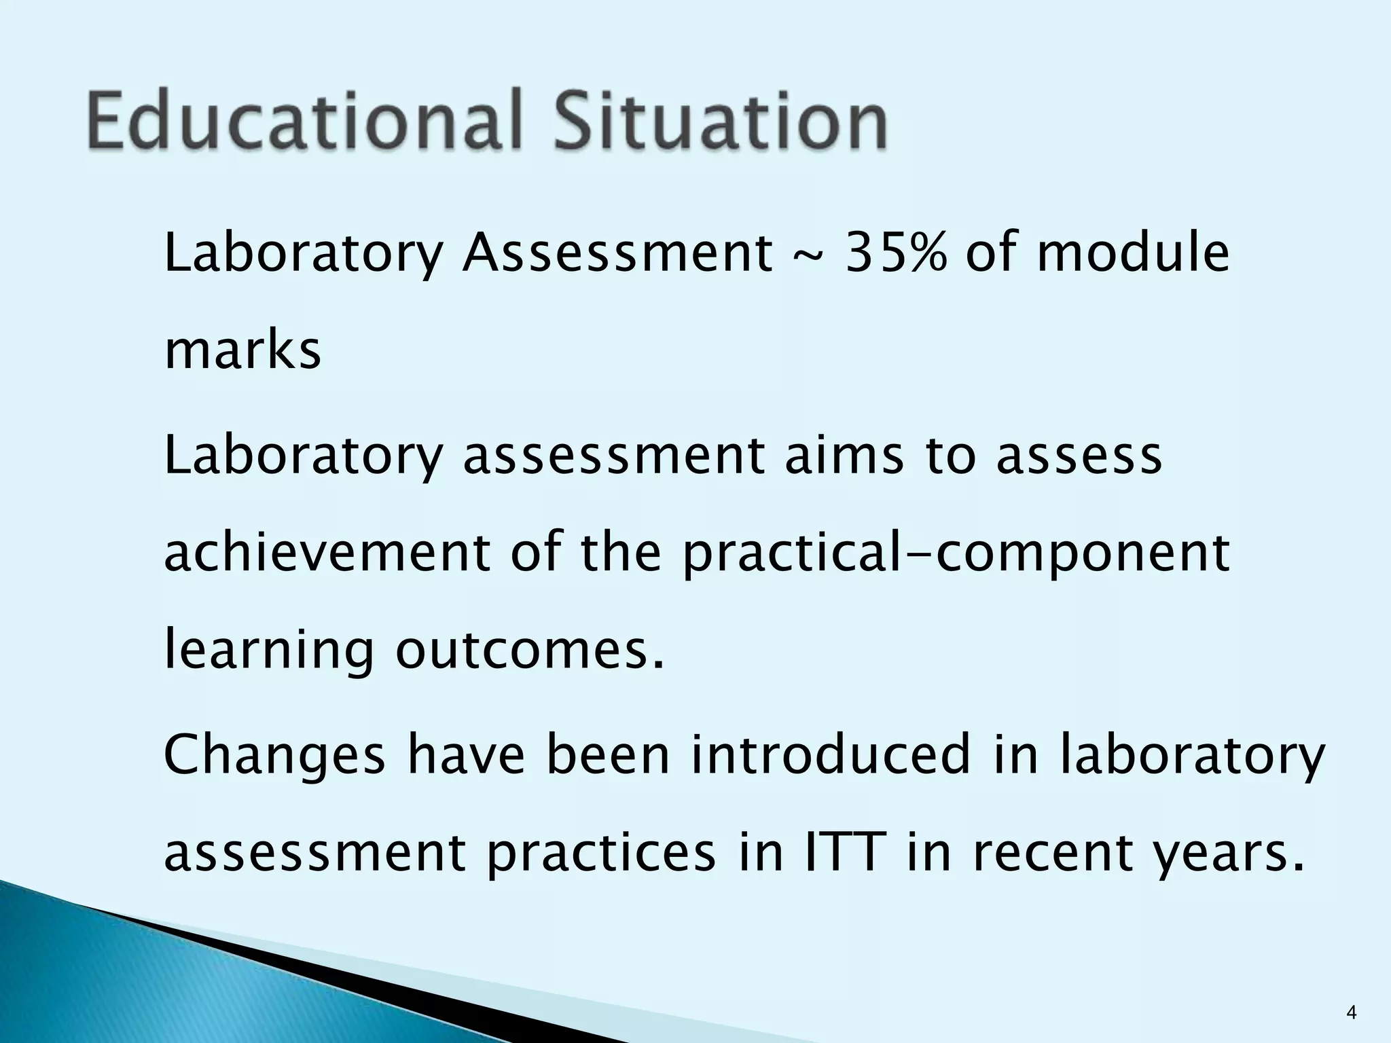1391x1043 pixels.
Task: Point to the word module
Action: click(x=1133, y=253)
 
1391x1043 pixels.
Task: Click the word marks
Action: click(x=242, y=351)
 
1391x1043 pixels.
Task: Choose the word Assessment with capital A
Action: click(x=617, y=253)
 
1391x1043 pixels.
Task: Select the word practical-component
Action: click(x=956, y=554)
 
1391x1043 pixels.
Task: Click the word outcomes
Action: click(x=529, y=651)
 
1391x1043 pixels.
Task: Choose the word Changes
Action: click(x=274, y=754)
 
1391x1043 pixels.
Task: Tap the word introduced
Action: click(x=831, y=754)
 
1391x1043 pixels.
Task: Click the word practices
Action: click(x=600, y=854)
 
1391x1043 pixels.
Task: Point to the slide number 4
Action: click(x=1351, y=1014)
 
